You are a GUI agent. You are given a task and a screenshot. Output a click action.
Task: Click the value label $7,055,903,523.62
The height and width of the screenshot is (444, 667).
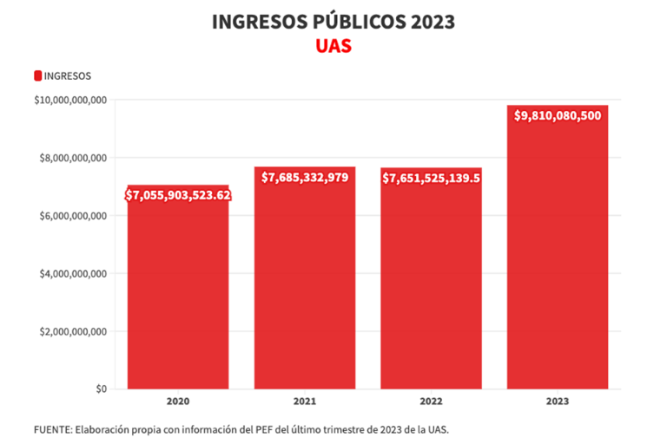point(178,195)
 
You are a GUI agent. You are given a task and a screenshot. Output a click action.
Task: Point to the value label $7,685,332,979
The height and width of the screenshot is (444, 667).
point(305,177)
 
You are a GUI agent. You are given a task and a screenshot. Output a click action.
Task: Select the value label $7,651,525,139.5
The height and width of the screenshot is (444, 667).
point(432,178)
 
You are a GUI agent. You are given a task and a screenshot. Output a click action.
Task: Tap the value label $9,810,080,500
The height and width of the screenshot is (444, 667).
point(558,115)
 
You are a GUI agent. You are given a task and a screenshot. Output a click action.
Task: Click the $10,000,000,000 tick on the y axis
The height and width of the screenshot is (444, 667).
point(70,101)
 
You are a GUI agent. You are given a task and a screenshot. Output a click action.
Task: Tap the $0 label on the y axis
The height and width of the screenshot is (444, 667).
point(101,389)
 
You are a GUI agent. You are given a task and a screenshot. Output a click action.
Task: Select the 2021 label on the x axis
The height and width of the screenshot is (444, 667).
point(305,402)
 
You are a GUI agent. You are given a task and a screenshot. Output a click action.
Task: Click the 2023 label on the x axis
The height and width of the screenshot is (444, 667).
point(558,402)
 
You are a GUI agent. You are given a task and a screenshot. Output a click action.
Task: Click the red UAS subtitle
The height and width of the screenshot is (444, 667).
point(333,46)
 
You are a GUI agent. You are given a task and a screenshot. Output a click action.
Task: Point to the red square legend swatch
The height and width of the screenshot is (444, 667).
point(37,76)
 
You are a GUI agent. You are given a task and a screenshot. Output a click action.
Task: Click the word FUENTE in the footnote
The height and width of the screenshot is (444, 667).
point(53,430)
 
